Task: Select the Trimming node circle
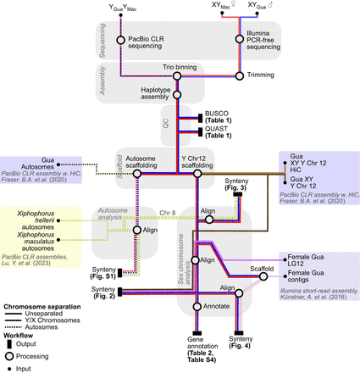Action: point(240,76)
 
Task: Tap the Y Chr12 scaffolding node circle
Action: point(197,173)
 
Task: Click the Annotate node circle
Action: point(197,306)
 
